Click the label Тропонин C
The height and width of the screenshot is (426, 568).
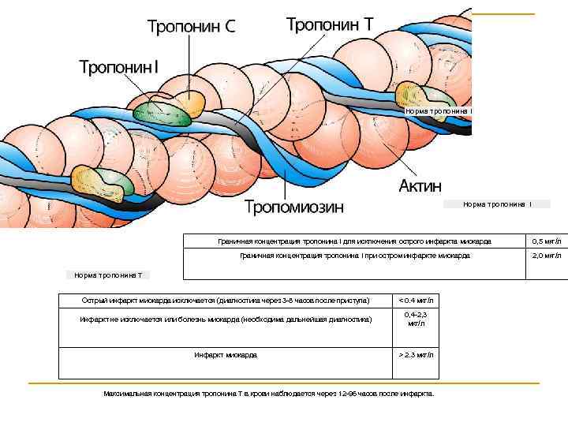[x=191, y=27]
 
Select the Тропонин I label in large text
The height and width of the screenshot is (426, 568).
[x=118, y=67]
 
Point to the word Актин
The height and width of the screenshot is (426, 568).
[x=420, y=186]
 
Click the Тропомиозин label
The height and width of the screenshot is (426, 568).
[x=294, y=207]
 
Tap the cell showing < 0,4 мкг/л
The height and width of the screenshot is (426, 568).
[x=417, y=301]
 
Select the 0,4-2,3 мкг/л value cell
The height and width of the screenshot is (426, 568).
[x=417, y=319]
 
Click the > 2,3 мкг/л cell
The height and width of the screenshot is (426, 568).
[x=417, y=355]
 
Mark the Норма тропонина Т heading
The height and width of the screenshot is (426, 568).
[x=109, y=275]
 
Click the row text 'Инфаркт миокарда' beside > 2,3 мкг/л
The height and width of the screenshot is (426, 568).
[x=226, y=355]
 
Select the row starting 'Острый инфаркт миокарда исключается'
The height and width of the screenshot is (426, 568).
[x=226, y=301]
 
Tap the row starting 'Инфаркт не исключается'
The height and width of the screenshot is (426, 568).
[x=226, y=319]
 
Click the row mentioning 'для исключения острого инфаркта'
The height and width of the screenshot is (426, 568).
[x=354, y=241]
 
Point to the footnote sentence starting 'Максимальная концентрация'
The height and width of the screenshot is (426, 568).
[x=268, y=393]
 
